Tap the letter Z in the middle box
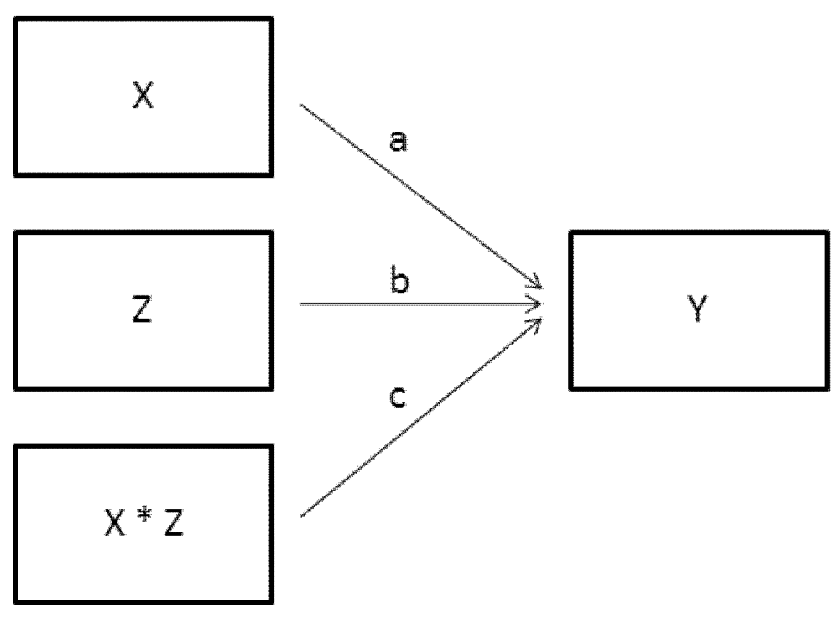pyautogui.click(x=142, y=312)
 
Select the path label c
pyautogui.click(x=399, y=397)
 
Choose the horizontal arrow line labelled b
pyautogui.click(x=419, y=304)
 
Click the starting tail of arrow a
pyautogui.click(x=301, y=106)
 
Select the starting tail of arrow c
pyautogui.click(x=301, y=515)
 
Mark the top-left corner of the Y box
pyautogui.click(x=571, y=233)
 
